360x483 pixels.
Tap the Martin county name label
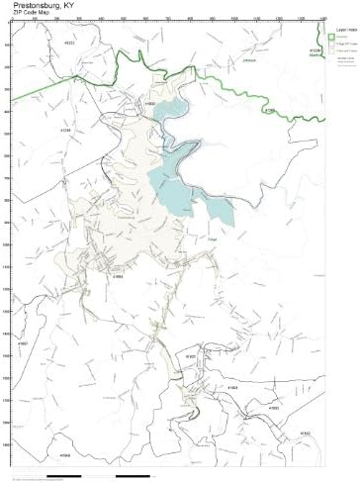tap(315, 53)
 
